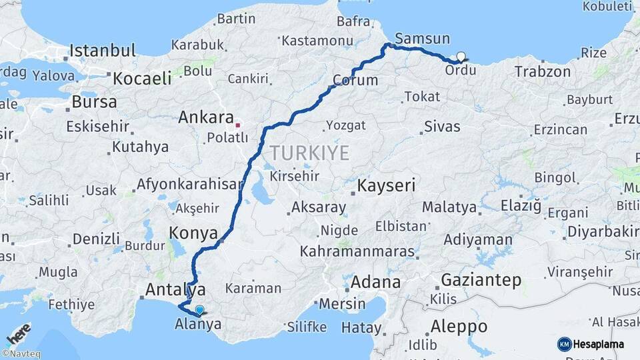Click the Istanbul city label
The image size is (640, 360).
103,51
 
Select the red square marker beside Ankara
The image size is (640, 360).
238,125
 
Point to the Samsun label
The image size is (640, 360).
422,39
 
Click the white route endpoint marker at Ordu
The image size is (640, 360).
461,57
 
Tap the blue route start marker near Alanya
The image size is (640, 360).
199,309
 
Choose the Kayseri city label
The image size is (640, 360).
387,185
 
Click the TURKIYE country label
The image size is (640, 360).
309,153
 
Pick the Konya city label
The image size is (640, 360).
193,233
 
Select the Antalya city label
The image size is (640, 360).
175,289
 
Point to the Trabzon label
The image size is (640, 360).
543,71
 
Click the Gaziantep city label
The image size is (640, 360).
481,280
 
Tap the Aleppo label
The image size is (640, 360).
459,327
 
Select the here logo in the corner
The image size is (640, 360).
18,334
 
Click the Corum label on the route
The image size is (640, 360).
355,81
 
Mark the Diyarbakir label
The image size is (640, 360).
601,233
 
